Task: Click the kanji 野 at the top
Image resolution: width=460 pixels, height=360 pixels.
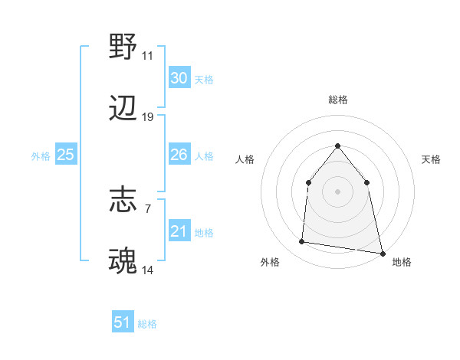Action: pos(123,47)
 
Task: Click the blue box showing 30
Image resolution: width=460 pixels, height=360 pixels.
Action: pos(179,78)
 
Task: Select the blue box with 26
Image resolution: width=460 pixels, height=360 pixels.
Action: pos(179,155)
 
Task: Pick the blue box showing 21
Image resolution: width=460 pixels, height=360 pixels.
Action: pos(179,231)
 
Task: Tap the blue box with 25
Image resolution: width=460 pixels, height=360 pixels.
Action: pos(65,155)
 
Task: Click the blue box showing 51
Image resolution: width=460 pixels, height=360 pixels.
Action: pos(122,322)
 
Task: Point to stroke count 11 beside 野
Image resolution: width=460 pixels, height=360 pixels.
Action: pos(147,56)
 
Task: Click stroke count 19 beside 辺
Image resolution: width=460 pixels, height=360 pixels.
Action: pos(148,117)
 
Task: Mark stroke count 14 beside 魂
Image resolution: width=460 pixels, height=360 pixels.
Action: pos(148,270)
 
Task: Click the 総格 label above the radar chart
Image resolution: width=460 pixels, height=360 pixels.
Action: pos(337,100)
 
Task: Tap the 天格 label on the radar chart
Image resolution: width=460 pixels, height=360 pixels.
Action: pos(431,159)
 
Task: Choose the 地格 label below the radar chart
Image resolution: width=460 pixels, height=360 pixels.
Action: pos(401,263)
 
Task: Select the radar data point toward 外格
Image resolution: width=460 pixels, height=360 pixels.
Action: pos(302,242)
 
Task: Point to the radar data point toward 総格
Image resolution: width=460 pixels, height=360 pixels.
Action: pos(337,146)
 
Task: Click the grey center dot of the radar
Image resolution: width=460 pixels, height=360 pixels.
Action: pos(337,191)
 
